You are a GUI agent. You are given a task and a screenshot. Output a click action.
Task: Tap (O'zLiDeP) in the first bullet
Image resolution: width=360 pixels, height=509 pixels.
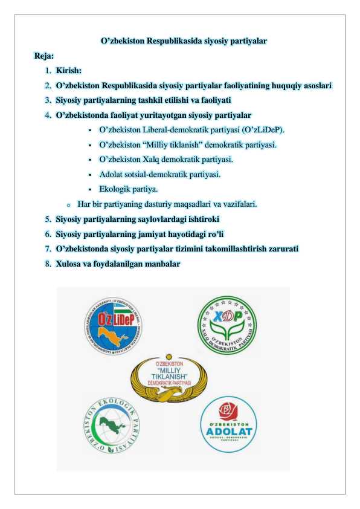[262, 130]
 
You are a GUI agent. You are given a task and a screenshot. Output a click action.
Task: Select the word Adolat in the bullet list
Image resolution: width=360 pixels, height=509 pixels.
[111, 175]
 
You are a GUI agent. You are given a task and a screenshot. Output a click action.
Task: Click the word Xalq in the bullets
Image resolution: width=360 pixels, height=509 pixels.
[154, 160]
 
